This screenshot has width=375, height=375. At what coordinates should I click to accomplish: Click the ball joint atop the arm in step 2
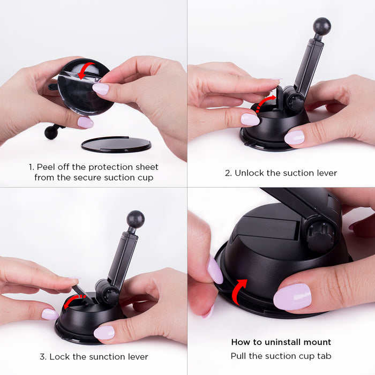pyautogui.click(x=322, y=26)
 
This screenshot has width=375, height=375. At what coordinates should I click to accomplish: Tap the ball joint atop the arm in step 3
pyautogui.click(x=136, y=219)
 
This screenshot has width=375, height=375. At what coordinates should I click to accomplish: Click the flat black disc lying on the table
pyautogui.click(x=116, y=145)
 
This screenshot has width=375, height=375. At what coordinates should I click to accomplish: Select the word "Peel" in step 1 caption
pyautogui.click(x=46, y=167)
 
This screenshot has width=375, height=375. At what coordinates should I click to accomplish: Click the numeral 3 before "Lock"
pyautogui.click(x=42, y=357)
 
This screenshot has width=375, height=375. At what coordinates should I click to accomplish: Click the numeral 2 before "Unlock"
pyautogui.click(x=228, y=173)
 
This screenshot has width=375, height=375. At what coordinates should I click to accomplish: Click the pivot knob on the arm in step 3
pyautogui.click(x=107, y=292)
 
